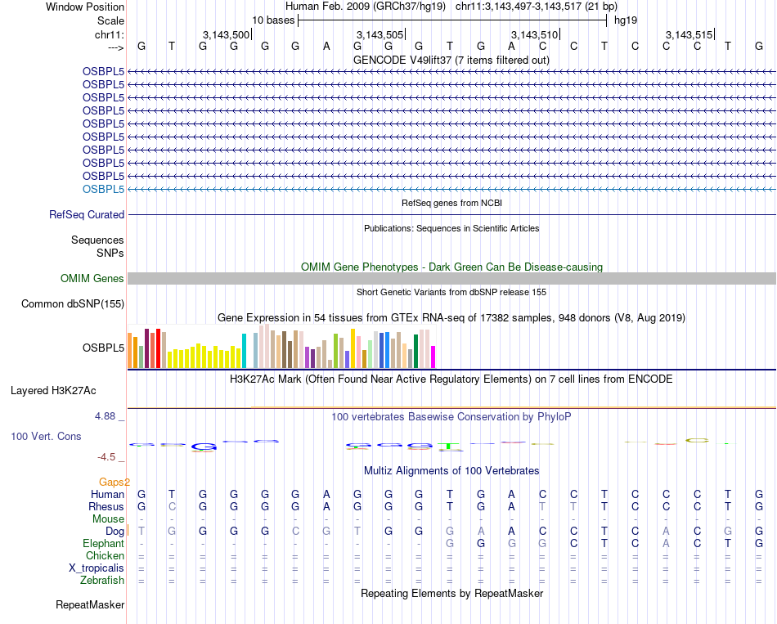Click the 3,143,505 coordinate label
tap(380, 34)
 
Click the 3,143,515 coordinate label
tap(689, 34)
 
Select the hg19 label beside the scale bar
tap(626, 20)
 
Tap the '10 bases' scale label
tap(273, 20)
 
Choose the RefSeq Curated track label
tap(87, 214)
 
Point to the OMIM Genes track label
tap(92, 278)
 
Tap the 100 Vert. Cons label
tap(46, 437)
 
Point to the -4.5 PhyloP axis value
tap(108, 457)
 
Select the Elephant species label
tap(103, 543)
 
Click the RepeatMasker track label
tap(90, 605)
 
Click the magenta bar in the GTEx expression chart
tap(433, 357)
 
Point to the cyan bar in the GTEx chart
tap(244, 351)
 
